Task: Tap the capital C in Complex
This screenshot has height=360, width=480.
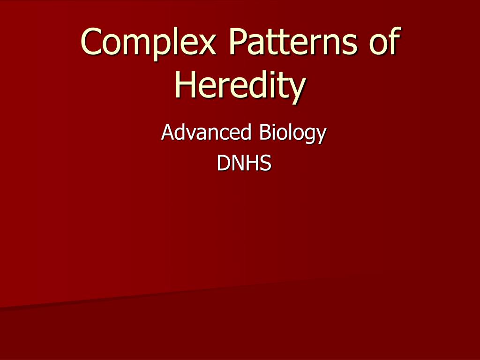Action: click(91, 42)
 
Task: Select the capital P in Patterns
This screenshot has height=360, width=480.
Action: click(238, 42)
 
